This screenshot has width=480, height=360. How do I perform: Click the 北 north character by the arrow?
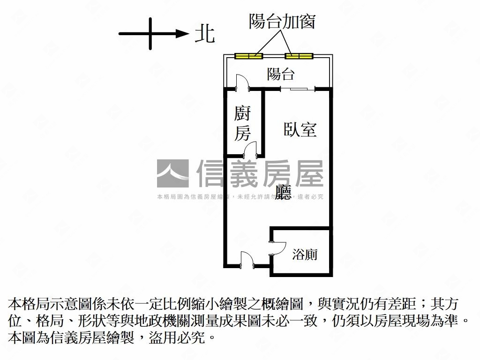205,33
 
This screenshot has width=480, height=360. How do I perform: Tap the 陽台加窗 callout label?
282,21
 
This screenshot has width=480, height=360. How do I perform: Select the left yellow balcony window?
248,56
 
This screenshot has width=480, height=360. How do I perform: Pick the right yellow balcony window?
299,56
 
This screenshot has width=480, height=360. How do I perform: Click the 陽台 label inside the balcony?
280,74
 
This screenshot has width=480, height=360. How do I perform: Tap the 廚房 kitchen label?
242,123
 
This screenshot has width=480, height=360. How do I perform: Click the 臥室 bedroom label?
300,129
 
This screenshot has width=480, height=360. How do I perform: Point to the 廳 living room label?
283,193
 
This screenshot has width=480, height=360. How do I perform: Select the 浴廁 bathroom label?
305,255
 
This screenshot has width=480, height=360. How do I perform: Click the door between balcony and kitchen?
243,82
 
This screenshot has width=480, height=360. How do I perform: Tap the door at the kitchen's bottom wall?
250,150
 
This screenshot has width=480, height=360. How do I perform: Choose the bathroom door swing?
277,248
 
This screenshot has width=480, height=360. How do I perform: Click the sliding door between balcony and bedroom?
298,89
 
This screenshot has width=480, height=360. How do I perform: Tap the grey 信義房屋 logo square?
172,173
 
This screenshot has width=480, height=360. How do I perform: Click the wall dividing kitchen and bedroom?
262,122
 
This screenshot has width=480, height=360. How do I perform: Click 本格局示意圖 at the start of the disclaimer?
43,304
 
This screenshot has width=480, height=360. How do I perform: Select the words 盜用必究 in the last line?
176,337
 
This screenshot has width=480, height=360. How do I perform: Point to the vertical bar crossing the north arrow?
150,34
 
